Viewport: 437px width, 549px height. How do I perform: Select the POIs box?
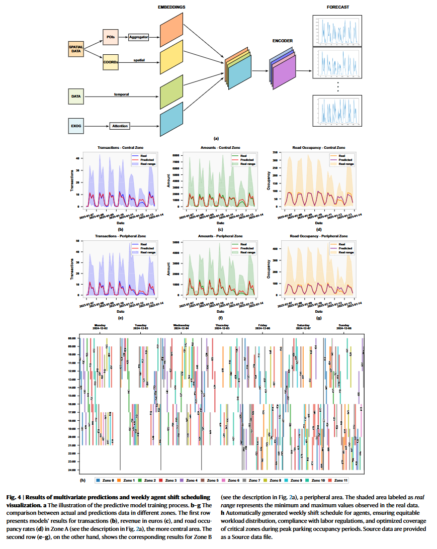click(111, 37)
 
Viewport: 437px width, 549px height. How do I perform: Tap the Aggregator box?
click(138, 37)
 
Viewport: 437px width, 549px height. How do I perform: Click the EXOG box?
click(76, 126)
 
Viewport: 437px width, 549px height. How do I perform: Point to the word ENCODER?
click(283, 41)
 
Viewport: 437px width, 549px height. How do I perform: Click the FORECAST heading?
click(337, 7)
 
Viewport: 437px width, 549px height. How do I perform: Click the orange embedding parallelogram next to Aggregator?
click(171, 31)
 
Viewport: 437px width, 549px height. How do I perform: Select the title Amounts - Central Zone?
click(220, 147)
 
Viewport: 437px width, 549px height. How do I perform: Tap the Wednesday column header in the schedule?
click(181, 326)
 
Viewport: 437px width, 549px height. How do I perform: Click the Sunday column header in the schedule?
click(344, 326)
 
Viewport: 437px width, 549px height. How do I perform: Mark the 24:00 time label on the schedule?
click(71, 470)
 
